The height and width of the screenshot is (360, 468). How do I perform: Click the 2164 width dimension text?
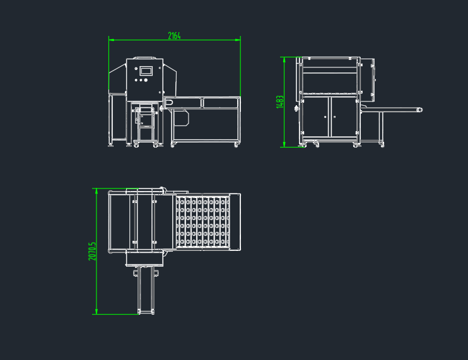point(174,36)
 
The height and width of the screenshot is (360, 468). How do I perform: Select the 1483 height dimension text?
point(279,102)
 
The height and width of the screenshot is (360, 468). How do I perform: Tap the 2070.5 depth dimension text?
point(92,251)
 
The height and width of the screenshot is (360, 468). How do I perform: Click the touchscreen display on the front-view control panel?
point(146,71)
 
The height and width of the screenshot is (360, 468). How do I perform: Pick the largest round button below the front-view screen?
point(146,80)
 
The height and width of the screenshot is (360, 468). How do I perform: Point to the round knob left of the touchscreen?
point(136,69)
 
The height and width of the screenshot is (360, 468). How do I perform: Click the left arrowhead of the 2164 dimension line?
point(111,40)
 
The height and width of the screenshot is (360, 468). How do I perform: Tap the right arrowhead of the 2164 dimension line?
point(238,40)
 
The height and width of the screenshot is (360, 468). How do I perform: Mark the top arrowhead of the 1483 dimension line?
point(284,59)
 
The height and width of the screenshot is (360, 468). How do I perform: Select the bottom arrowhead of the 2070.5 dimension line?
point(97,311)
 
